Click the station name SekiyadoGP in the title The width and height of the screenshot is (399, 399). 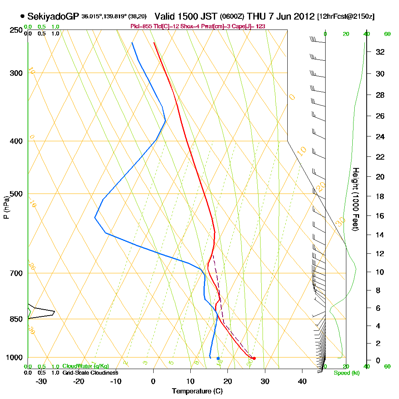coord(53,16)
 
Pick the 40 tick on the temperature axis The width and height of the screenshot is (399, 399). coord(302,381)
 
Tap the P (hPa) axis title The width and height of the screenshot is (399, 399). coord(6,207)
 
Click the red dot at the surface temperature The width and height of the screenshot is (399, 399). coord(254,358)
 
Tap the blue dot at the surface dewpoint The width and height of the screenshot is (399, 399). coord(218,358)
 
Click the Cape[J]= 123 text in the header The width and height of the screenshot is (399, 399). coord(250,26)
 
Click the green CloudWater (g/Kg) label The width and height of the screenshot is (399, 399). coord(85,366)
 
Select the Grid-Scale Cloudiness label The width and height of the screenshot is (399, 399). coord(90,373)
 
